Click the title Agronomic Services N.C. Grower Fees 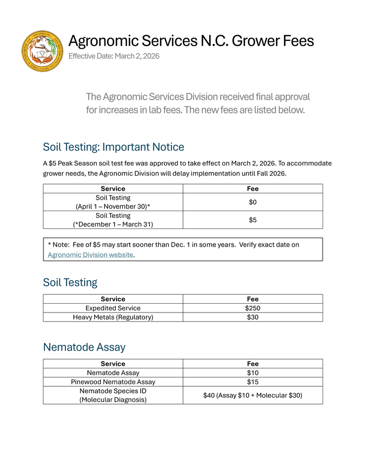tap(191, 41)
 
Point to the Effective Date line tap(114, 56)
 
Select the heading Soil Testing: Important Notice tap(113, 147)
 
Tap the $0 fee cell tap(253, 202)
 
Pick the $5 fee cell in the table tap(253, 220)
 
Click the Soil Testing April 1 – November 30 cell tap(113, 202)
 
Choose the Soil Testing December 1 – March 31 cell tap(113, 220)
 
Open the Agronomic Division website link tap(90, 255)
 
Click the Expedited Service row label tap(113, 308)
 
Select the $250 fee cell tap(253, 308)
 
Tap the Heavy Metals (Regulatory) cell tap(113, 317)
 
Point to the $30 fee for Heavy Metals tap(253, 317)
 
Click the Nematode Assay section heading tap(84, 347)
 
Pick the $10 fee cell tap(253, 373)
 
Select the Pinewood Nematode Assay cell tap(113, 382)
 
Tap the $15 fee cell tap(253, 382)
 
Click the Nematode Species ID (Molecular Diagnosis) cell tap(113, 395)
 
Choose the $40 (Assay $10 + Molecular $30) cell tap(253, 396)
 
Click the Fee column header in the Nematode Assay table tap(253, 364)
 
